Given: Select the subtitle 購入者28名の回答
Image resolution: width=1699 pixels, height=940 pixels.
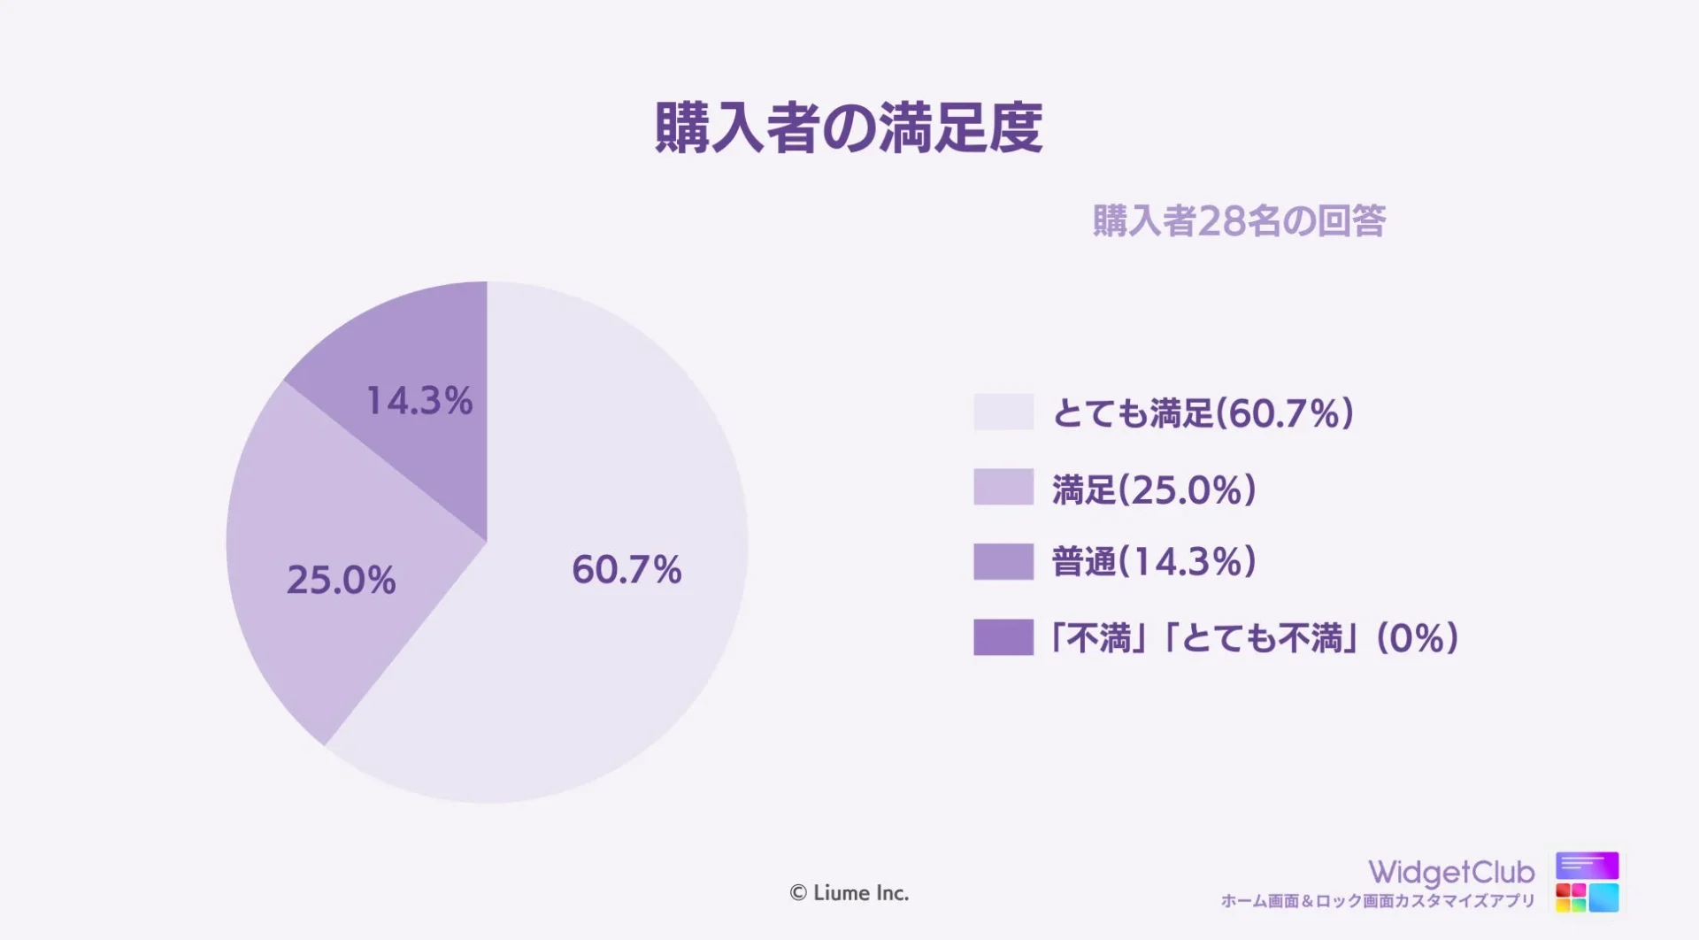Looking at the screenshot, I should click(1239, 221).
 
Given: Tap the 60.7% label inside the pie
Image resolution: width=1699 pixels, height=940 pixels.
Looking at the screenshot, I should click(627, 569).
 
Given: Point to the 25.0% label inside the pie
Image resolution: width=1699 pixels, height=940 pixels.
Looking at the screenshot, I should click(341, 581).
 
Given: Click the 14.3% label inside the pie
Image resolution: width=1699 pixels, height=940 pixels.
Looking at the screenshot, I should click(419, 401).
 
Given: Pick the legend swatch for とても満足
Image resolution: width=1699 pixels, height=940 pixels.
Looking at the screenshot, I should click(1003, 412).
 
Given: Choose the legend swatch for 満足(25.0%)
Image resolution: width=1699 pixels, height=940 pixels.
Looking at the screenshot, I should click(1003, 487).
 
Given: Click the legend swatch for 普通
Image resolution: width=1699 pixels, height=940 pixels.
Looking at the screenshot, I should click(1003, 562).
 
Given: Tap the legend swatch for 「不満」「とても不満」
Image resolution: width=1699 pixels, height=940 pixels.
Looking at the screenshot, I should click(1003, 637).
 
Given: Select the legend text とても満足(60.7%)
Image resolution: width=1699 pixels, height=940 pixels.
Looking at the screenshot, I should click(1203, 413).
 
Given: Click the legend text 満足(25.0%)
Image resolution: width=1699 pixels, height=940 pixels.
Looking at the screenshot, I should click(1154, 489).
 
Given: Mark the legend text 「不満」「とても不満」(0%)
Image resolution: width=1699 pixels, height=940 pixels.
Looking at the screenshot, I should click(1254, 638).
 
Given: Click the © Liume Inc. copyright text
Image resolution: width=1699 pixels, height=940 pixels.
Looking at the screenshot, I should click(849, 893).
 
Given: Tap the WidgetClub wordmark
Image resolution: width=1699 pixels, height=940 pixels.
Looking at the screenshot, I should click(1451, 873).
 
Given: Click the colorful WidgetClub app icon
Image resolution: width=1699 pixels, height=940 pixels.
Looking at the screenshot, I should click(1588, 882).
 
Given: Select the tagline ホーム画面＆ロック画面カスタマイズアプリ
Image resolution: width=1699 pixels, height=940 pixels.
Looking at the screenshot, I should click(1378, 901).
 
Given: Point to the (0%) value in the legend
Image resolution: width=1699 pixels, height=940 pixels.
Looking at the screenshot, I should click(1418, 638).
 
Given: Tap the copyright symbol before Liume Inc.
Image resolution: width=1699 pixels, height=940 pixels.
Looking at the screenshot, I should click(798, 894).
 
